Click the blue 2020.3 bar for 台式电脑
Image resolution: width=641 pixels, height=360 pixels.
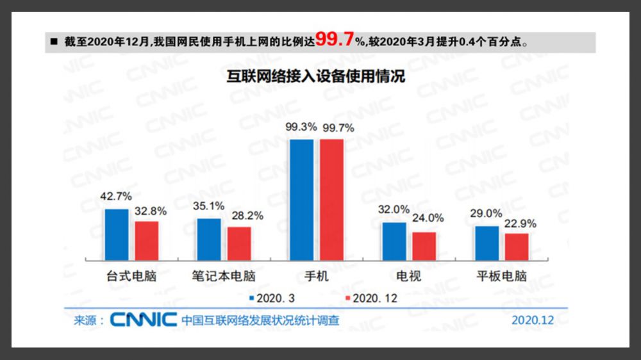point(117,234)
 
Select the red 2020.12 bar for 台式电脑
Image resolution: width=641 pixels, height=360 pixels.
point(146,241)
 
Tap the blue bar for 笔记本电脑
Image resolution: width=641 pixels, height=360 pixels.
point(209,240)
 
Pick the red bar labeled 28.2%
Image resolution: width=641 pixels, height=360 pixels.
point(239,243)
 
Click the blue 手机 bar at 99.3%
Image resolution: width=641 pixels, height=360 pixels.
point(302,199)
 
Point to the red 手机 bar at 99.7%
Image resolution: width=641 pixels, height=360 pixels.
point(332,199)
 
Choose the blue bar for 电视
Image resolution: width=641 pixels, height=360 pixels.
point(394,241)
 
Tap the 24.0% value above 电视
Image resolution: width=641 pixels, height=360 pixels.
point(428,218)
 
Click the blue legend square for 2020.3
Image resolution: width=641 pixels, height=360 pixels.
point(252,299)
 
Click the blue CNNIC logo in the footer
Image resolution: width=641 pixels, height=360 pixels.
point(143,319)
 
